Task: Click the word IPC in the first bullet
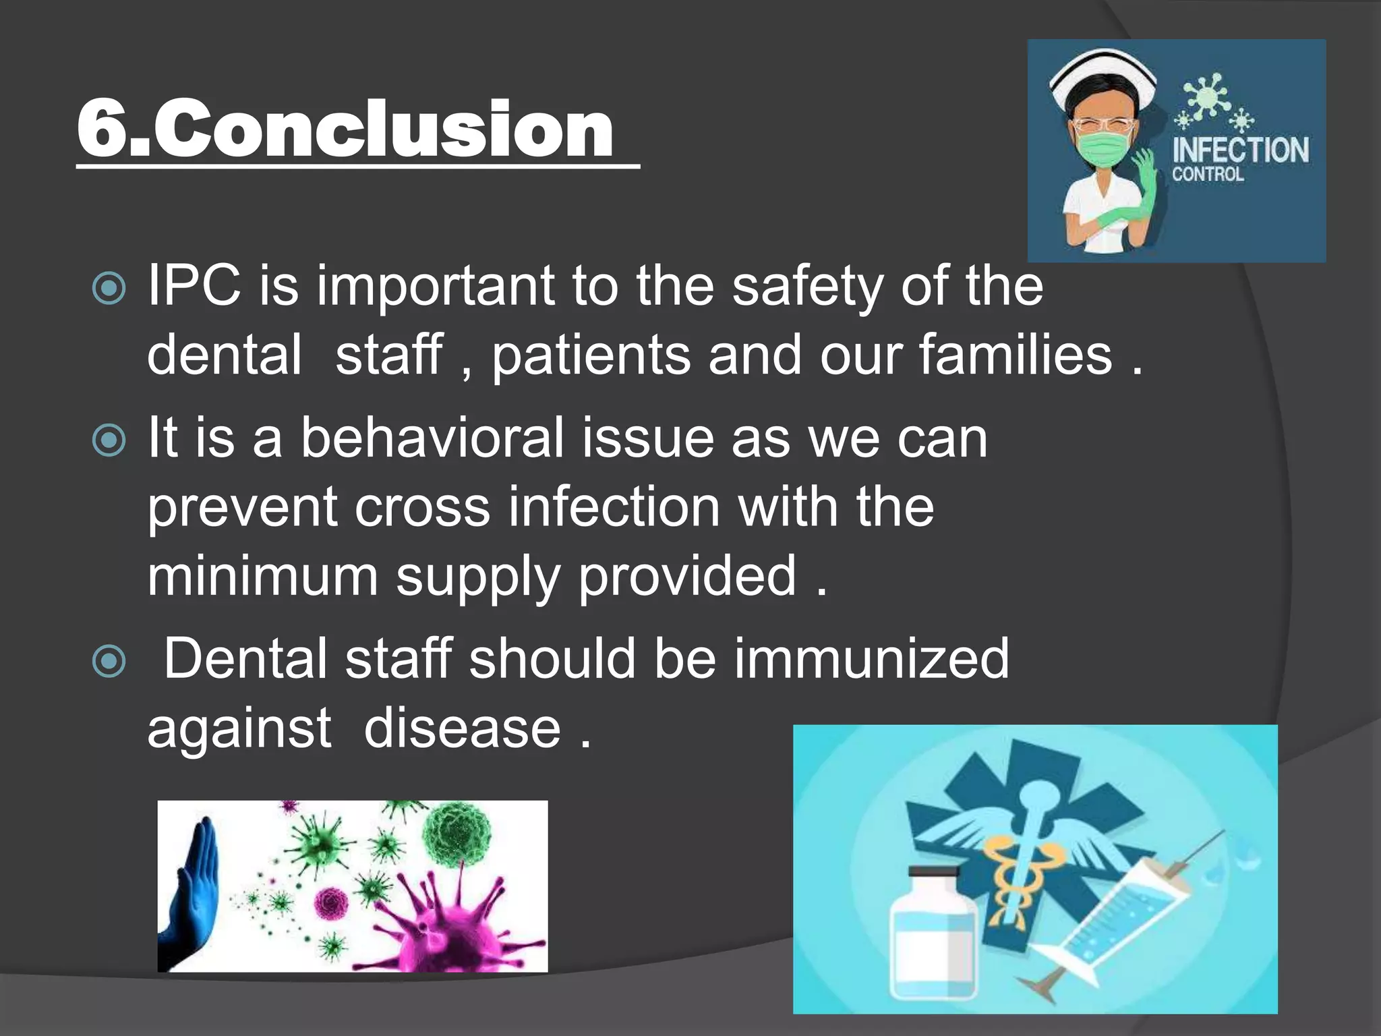coord(194,286)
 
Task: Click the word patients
coord(591,355)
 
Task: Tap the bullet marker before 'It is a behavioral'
coord(109,441)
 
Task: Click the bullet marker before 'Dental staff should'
coord(109,661)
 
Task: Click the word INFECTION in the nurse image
coord(1240,150)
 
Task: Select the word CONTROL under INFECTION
coord(1207,175)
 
